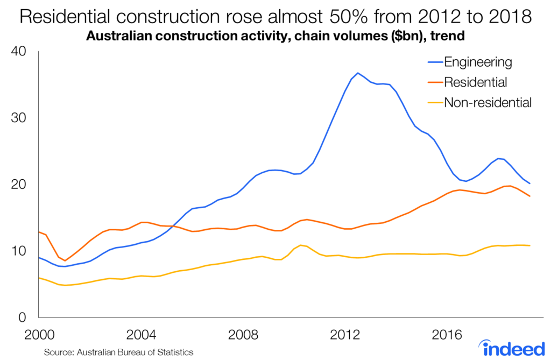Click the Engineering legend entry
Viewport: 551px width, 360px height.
click(x=477, y=61)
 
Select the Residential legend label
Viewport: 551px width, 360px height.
click(x=475, y=82)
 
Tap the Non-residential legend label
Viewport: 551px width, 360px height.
click(x=488, y=102)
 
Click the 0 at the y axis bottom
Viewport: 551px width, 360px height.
click(x=23, y=317)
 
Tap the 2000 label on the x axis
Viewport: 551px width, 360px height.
click(x=40, y=335)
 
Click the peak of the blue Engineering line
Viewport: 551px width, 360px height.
click(x=358, y=73)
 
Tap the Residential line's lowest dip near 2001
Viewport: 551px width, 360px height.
click(x=65, y=261)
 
